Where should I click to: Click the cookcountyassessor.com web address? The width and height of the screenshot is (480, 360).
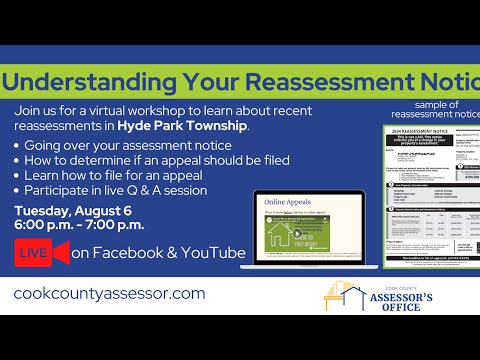[110, 293]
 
